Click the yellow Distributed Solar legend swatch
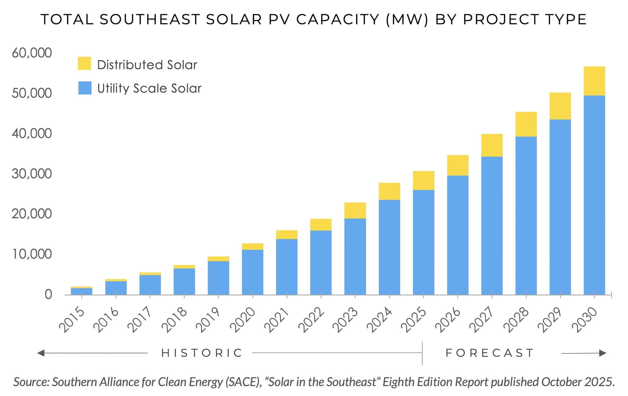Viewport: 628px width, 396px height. click(84, 64)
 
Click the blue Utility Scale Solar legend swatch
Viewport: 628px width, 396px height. click(85, 88)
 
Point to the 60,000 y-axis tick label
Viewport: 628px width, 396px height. click(32, 53)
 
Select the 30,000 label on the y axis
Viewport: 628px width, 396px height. click(32, 174)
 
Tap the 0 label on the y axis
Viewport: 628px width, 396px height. click(48, 295)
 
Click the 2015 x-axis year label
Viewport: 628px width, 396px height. click(71, 320)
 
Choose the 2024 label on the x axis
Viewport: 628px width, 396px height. click(379, 320)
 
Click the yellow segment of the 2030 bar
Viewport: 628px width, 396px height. click(594, 81)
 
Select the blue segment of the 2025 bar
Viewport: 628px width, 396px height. click(423, 242)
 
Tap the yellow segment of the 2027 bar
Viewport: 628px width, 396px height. click(492, 145)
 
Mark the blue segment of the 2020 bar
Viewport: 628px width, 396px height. click(252, 272)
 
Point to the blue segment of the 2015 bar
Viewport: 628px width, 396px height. click(81, 291)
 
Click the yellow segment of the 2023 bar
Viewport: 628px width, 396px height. click(355, 211)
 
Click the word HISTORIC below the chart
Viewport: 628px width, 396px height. click(202, 353)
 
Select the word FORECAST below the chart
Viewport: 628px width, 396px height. click(490, 353)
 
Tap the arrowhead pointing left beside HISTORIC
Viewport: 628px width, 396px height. click(41, 353)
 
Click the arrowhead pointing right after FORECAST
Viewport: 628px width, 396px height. click(602, 353)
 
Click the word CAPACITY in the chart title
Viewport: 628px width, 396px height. click(338, 19)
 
